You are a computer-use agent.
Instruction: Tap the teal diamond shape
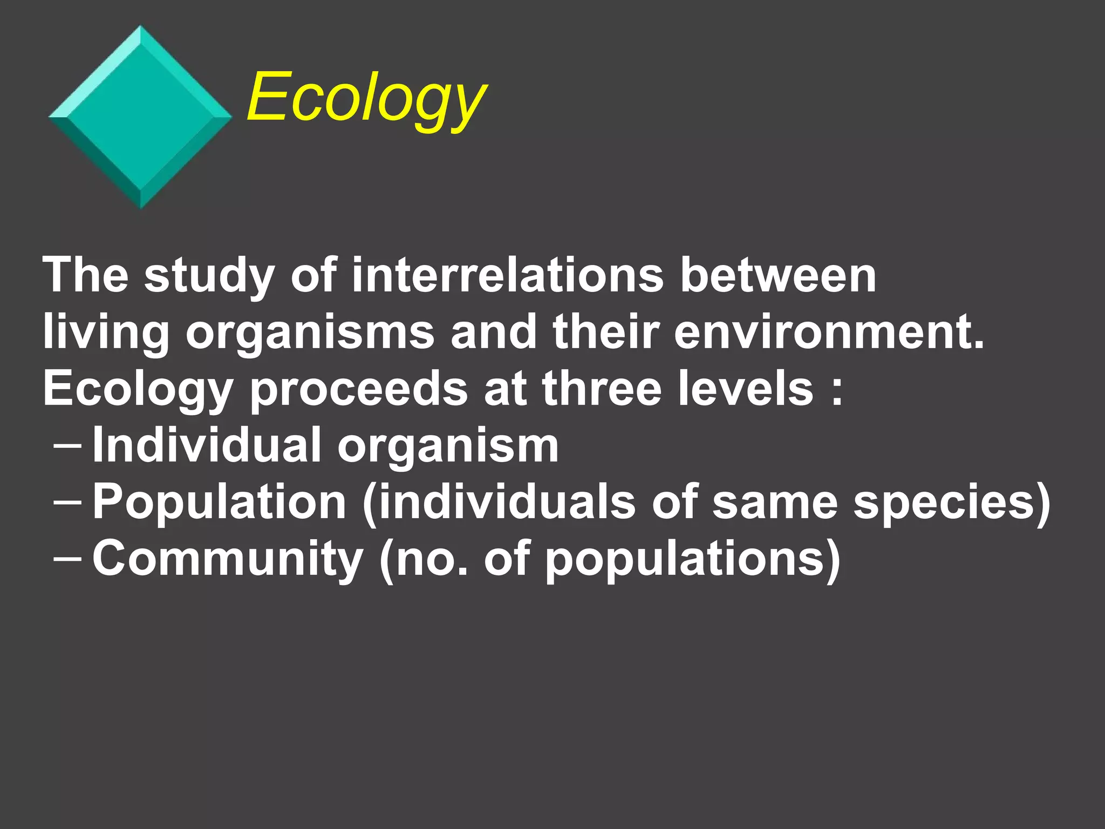pos(140,117)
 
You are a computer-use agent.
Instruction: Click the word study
pos(209,276)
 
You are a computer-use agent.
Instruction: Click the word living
pos(106,332)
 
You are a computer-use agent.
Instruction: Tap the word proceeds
pos(358,390)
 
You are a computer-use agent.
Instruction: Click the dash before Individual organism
pos(68,446)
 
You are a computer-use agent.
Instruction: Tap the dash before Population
pos(68,502)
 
